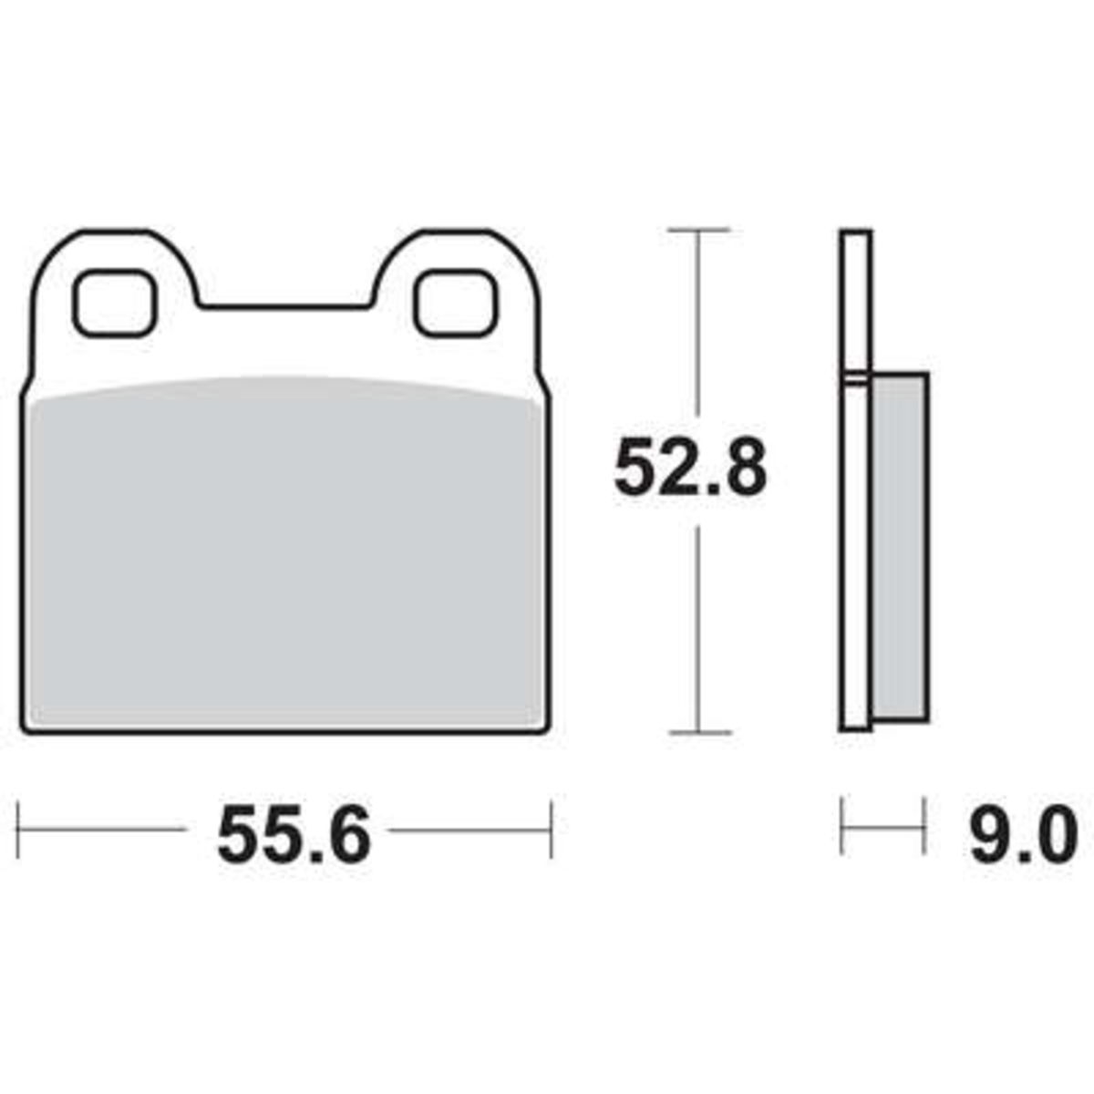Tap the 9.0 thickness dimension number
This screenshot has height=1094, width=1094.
pyautogui.click(x=1023, y=835)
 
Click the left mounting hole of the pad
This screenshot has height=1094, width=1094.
pyautogui.click(x=114, y=304)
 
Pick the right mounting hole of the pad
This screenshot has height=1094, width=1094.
pyautogui.click(x=456, y=304)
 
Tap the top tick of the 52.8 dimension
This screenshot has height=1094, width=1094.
pyautogui.click(x=698, y=231)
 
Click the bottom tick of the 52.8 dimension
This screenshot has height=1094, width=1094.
pyautogui.click(x=700, y=732)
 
